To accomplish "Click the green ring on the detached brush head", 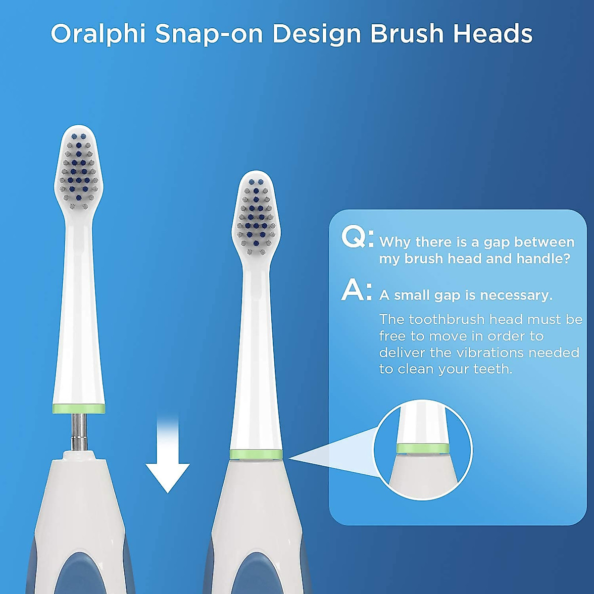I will click(x=79, y=409).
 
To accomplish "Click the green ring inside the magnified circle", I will click(x=423, y=448).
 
